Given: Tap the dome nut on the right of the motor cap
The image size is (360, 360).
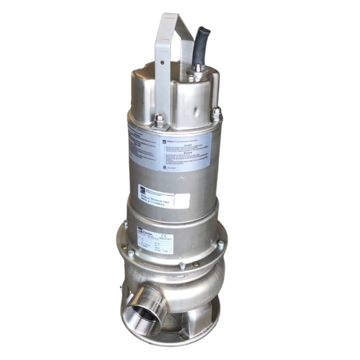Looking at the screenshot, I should click(216, 113).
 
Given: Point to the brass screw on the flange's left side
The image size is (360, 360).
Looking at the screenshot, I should click(125, 247).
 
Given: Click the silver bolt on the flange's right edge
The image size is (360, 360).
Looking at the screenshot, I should click(221, 244).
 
